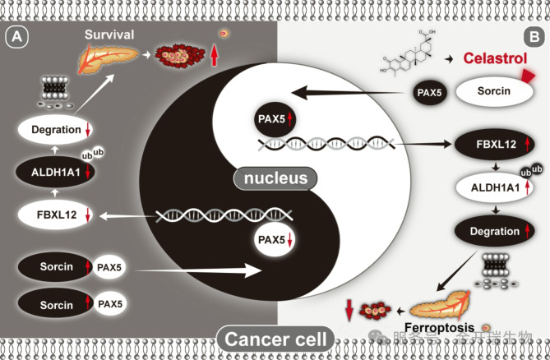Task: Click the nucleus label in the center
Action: (275, 178)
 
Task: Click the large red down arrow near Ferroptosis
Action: (349, 312)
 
